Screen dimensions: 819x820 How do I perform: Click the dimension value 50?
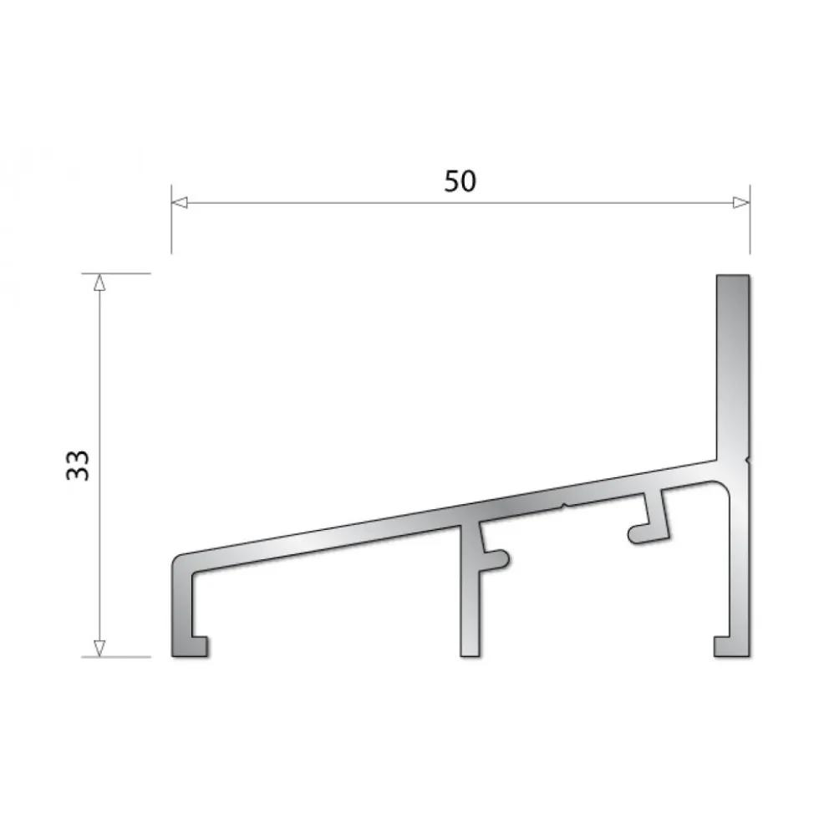(x=460, y=181)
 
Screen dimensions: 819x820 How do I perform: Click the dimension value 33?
(x=78, y=465)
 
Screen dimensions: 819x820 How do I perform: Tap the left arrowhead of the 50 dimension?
(x=180, y=202)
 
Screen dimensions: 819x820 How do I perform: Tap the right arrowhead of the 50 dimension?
(x=741, y=202)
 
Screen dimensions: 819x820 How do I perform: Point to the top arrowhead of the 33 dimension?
(x=99, y=283)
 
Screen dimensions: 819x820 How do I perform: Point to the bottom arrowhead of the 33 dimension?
(x=99, y=648)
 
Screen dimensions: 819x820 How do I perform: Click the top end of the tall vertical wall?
(x=733, y=276)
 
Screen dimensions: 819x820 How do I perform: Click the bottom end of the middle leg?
(x=470, y=655)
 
